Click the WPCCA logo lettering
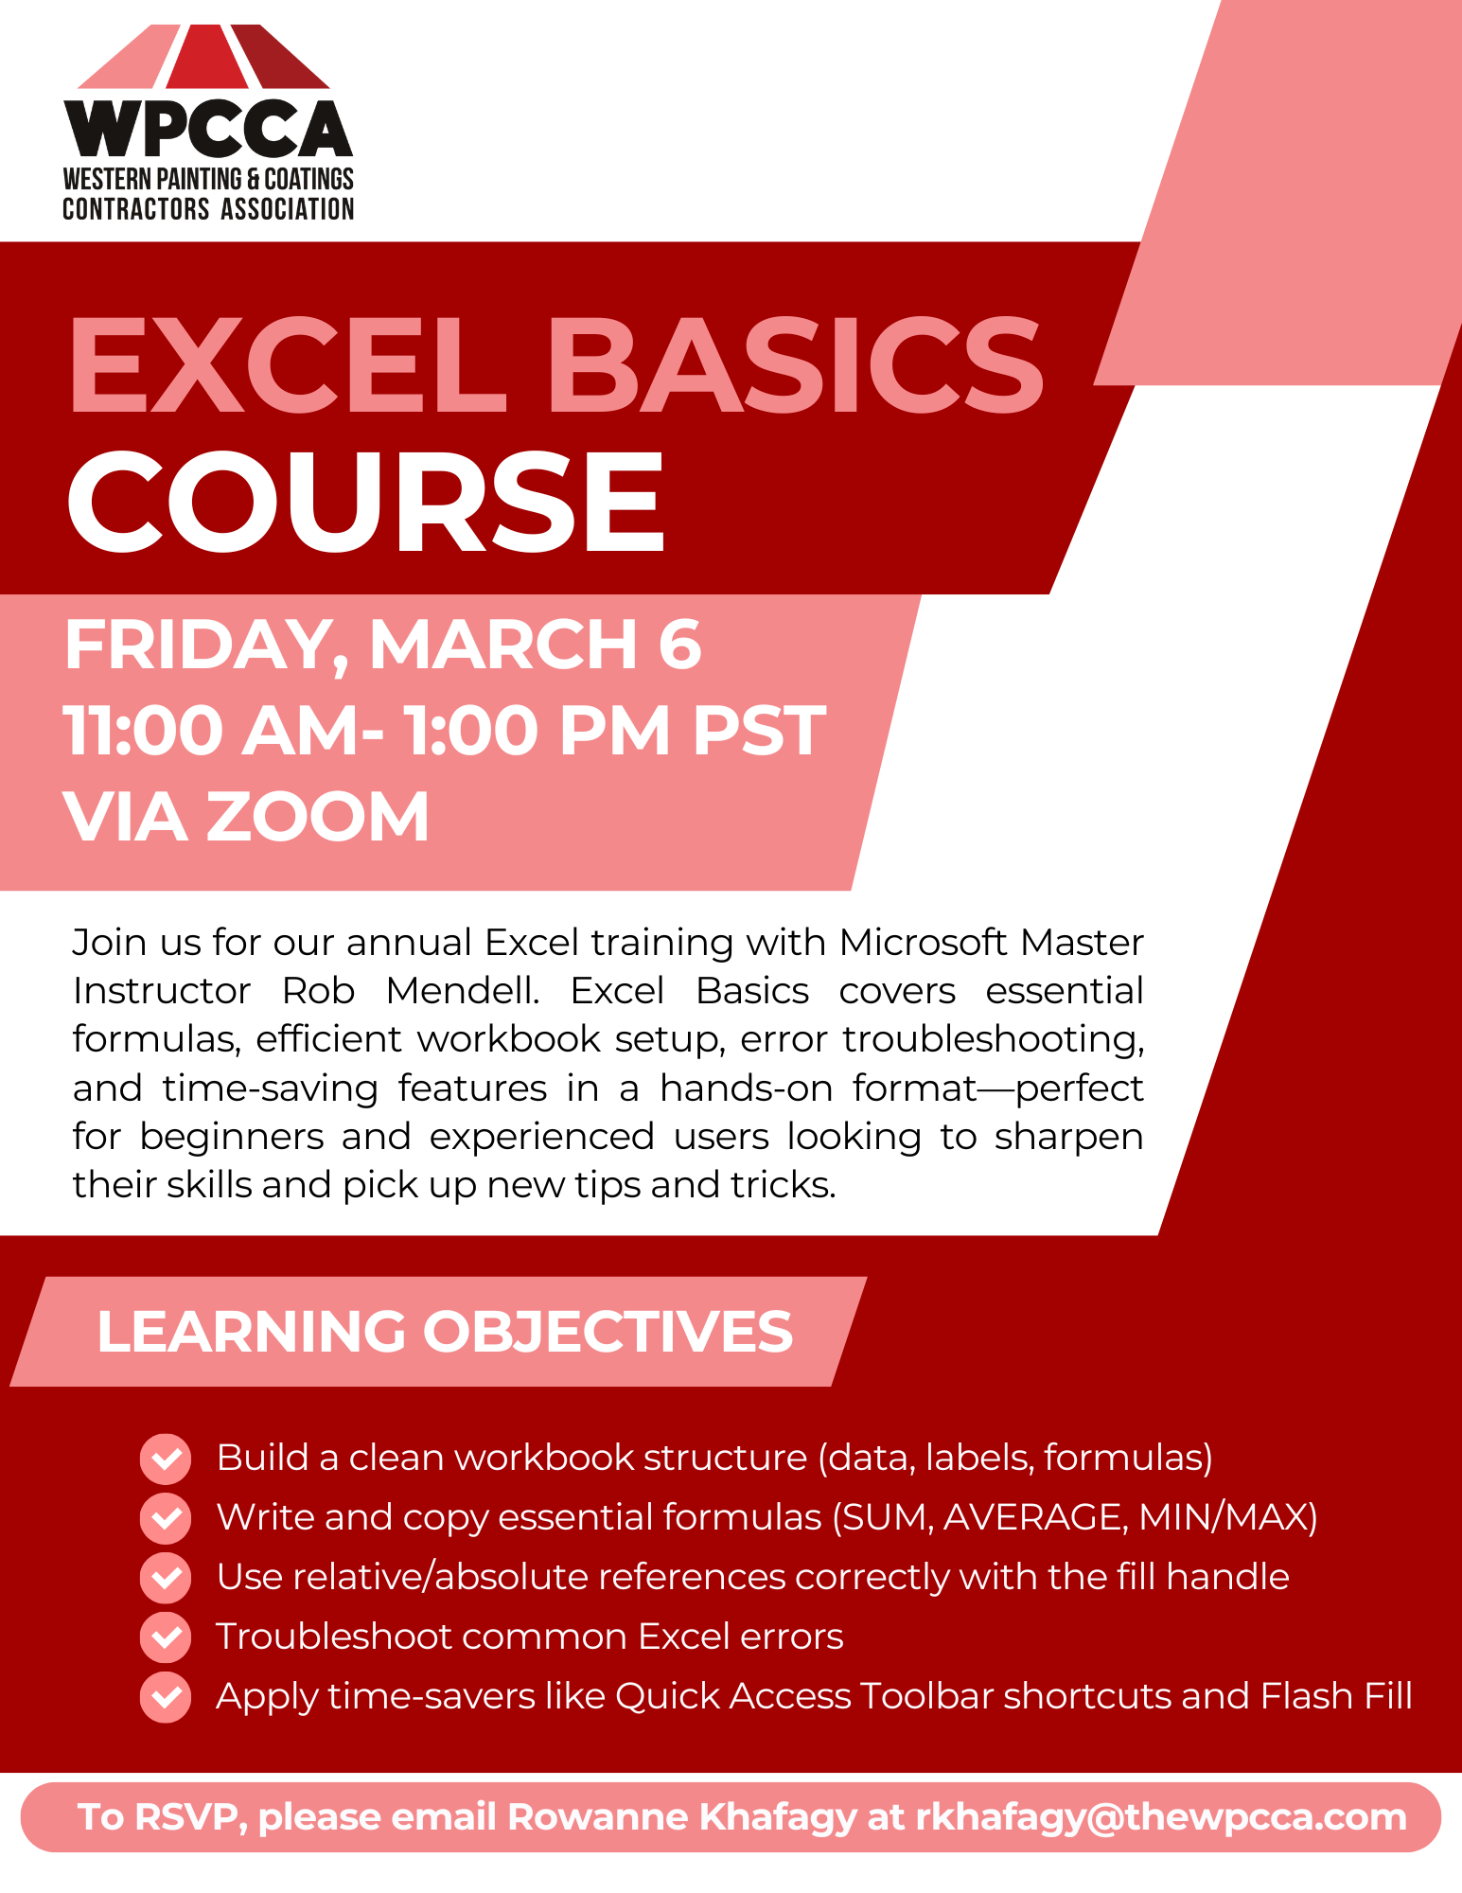coord(208,129)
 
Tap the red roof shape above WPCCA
coord(203,56)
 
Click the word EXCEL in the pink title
coord(288,365)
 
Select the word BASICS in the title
coord(796,365)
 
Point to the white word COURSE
coord(366,501)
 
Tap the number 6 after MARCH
coord(680,645)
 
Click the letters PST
coord(759,731)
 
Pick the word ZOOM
coord(318,817)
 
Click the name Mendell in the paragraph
coord(463,991)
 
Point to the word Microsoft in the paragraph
coord(923,943)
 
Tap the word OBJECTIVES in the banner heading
coord(608,1332)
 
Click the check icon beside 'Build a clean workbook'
coord(166,1459)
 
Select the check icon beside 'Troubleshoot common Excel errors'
coord(166,1637)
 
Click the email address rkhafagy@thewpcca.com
coord(1161,1817)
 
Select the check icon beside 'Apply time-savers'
coord(166,1697)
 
